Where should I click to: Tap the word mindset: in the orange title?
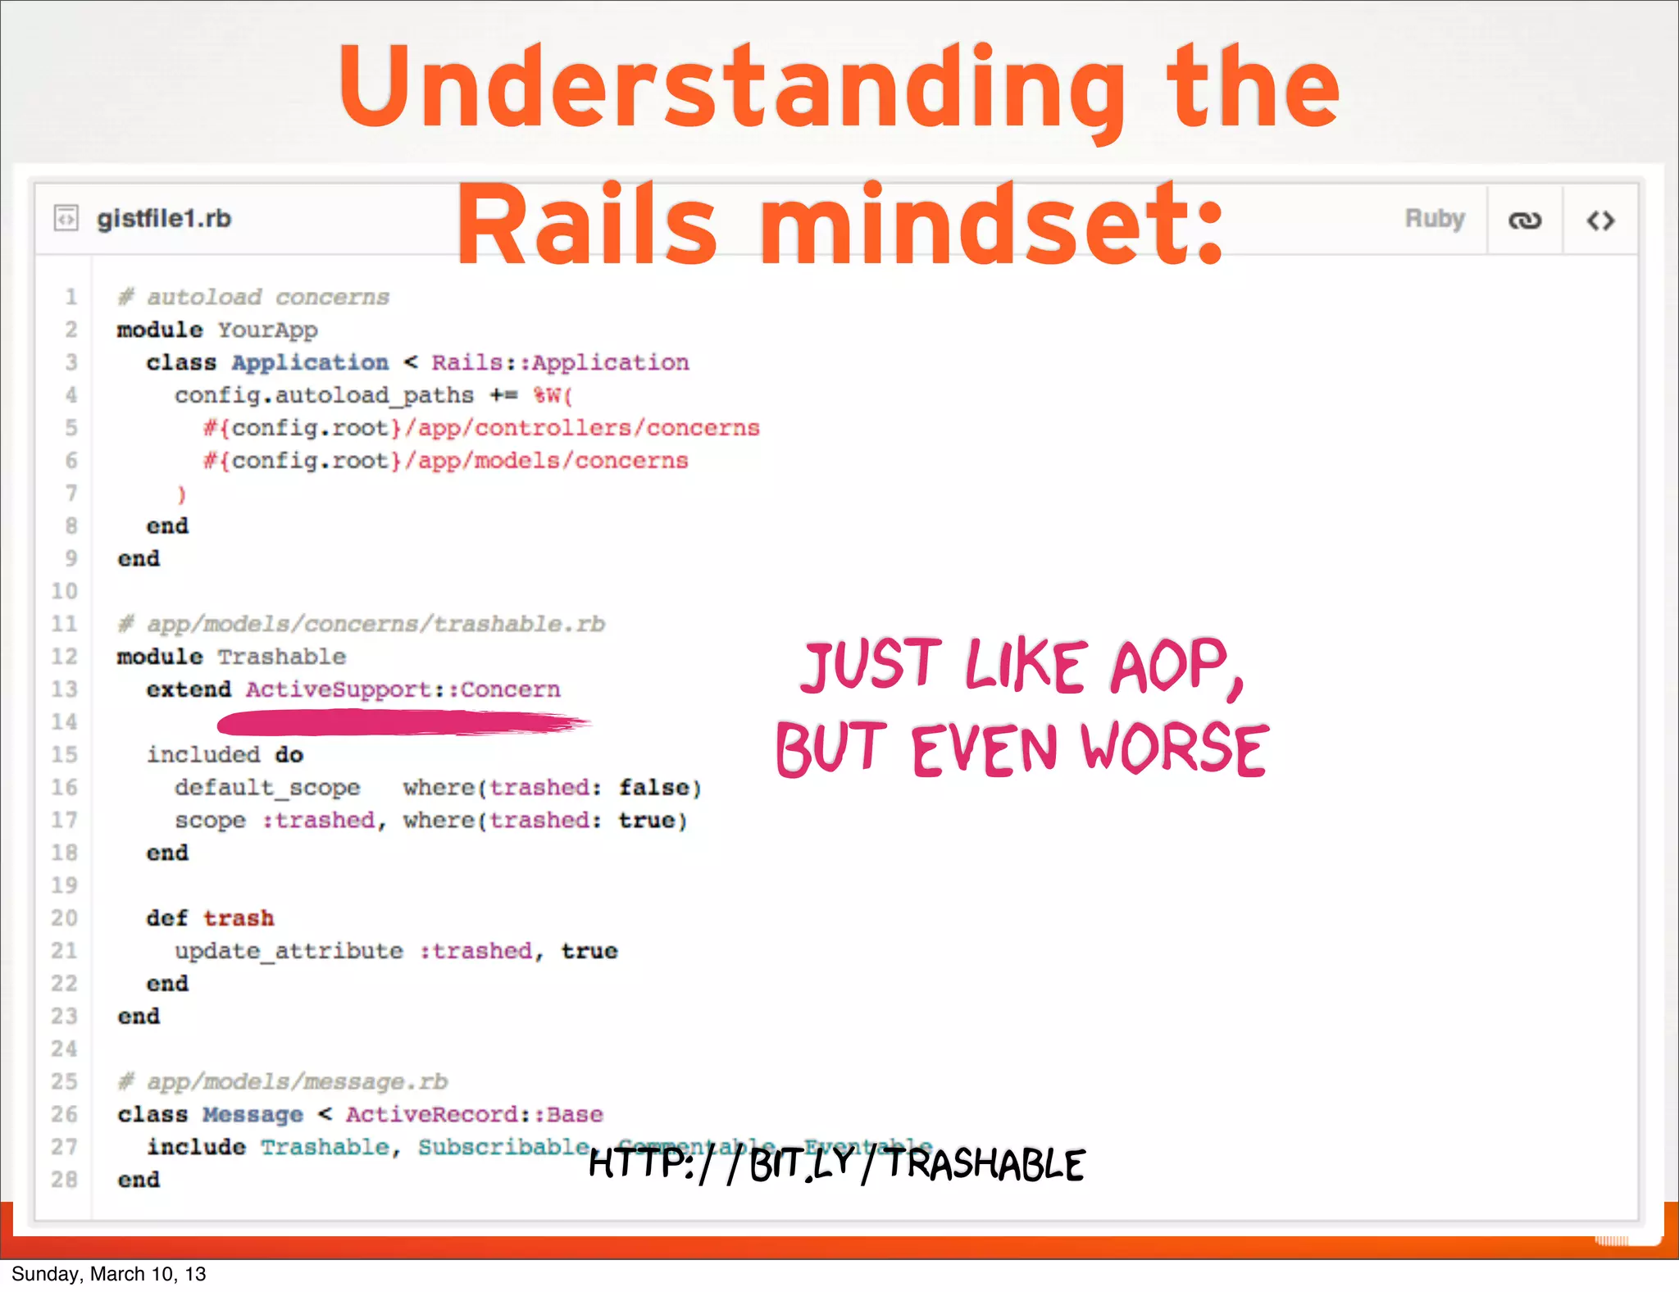click(x=991, y=225)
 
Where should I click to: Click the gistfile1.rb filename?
click(x=164, y=219)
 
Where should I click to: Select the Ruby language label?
click(x=1434, y=219)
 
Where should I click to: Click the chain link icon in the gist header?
click(x=1525, y=221)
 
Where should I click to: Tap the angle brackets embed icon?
click(x=1600, y=221)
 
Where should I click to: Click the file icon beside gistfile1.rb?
click(x=66, y=218)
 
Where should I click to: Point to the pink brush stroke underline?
click(x=402, y=722)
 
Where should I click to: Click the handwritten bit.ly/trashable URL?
click(x=836, y=1163)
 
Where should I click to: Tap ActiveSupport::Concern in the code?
click(x=403, y=689)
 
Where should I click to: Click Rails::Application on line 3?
click(x=560, y=362)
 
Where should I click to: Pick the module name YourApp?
click(x=267, y=330)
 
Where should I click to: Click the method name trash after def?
click(x=239, y=918)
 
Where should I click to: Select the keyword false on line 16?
click(x=653, y=788)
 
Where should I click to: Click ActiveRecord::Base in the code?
click(x=474, y=1115)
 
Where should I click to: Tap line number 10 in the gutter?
click(x=64, y=591)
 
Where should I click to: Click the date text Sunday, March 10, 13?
click(x=108, y=1274)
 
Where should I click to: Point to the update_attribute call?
click(x=289, y=951)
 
